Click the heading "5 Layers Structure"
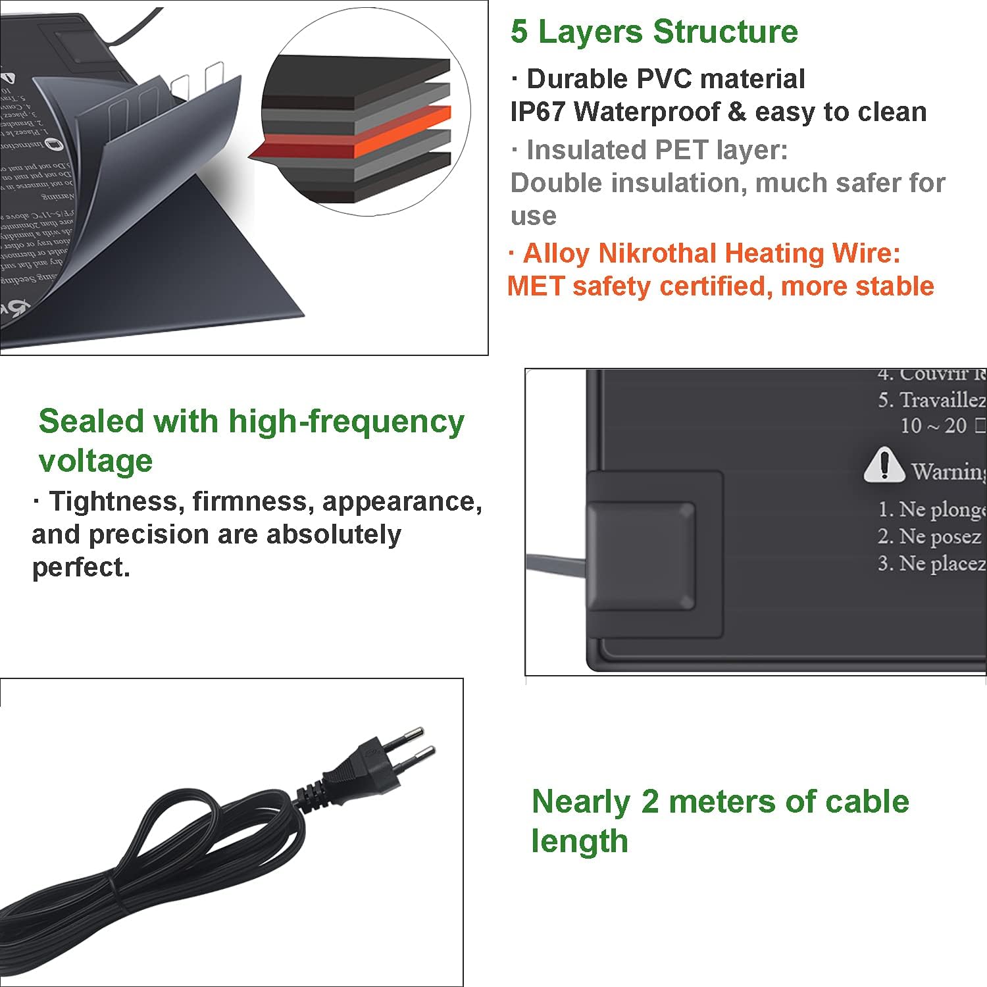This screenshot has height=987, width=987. (654, 32)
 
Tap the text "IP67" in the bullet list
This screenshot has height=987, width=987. (537, 113)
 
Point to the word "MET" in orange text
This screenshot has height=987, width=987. (536, 287)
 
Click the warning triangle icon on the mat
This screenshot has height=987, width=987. (883, 465)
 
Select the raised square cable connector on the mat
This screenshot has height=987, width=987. (640, 557)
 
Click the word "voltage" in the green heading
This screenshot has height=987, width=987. (95, 461)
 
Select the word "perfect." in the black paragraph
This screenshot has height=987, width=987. (81, 567)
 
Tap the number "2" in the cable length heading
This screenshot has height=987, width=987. (649, 801)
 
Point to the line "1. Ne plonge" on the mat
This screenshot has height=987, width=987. (931, 509)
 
